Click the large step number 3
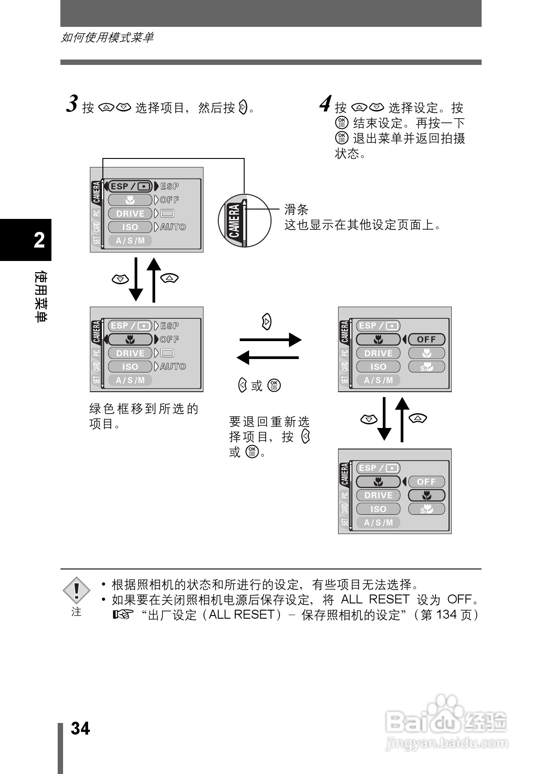pos(72,104)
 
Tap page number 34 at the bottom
pos(80,728)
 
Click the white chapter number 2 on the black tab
pos(39,240)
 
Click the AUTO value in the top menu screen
pos(173,227)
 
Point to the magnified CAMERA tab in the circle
pos(234,221)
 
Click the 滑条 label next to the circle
pos(296,210)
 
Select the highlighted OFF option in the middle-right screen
pos(426,339)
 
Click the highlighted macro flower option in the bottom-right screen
pos(427,495)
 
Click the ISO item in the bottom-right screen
pos(378,509)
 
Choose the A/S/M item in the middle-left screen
pos(130,380)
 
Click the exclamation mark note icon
pos(76,590)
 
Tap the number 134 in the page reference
pos(446,615)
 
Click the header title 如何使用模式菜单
pos(107,38)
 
